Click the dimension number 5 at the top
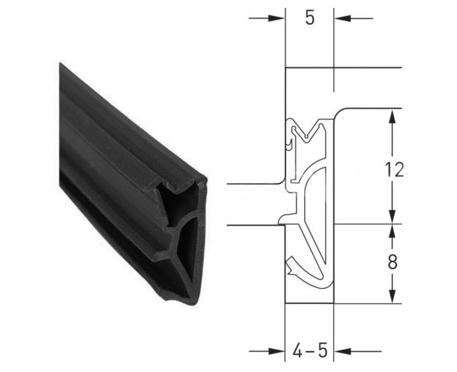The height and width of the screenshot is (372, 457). [310, 19]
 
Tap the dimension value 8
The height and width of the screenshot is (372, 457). [393, 263]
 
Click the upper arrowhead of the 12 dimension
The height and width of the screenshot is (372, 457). [393, 116]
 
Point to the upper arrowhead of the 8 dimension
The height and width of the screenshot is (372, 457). [393, 231]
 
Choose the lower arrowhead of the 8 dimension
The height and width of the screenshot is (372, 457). [393, 295]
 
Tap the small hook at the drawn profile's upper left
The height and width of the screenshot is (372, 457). [289, 144]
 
